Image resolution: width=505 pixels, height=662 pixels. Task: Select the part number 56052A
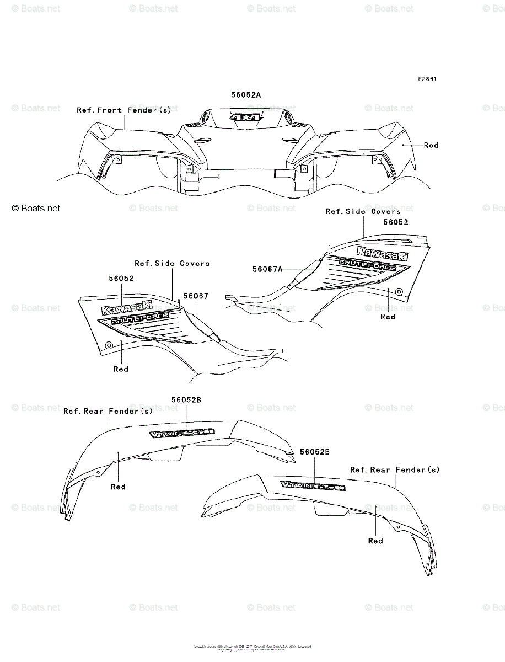point(246,95)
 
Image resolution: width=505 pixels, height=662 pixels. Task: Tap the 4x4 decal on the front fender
point(246,118)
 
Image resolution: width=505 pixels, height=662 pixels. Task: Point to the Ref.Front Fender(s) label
point(123,110)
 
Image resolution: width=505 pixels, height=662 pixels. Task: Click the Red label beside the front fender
point(431,145)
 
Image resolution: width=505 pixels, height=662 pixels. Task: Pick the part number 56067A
point(267,269)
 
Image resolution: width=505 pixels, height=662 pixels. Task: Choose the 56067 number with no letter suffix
point(196,296)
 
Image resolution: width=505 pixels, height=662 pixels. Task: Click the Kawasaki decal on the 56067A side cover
point(383,254)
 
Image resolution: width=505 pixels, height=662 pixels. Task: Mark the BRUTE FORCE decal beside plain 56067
point(140,319)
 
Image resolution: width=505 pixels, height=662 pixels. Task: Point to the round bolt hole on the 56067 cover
point(109,345)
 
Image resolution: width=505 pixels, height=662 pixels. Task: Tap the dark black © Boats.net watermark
point(36,209)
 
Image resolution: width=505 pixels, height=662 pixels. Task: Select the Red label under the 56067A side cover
point(388,317)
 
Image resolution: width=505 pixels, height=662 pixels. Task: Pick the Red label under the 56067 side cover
point(121,369)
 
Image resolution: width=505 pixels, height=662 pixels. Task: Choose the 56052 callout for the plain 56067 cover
point(121,279)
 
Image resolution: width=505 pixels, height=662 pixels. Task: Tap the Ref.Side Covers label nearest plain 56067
point(172,264)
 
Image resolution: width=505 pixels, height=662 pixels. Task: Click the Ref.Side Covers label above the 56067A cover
point(363,212)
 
